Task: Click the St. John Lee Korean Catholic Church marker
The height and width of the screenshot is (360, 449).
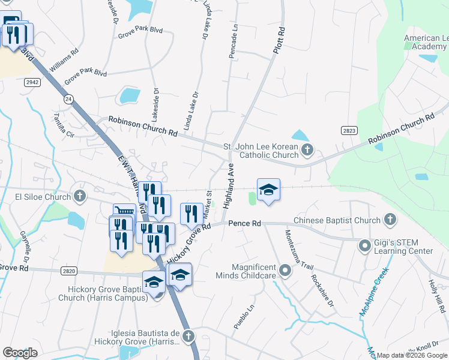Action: point(307,149)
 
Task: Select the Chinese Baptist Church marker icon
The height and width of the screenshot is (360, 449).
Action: point(390,220)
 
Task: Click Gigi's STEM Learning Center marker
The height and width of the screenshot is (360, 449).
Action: point(364,245)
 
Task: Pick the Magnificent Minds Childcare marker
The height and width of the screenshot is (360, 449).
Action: point(285,271)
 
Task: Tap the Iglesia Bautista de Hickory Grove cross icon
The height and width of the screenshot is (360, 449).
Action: point(188,337)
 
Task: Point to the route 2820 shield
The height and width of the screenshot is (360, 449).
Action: point(68,271)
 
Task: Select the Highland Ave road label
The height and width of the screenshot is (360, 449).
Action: point(229,185)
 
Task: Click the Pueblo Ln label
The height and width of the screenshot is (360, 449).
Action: point(240,316)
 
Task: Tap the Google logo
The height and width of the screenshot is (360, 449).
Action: point(20,353)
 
